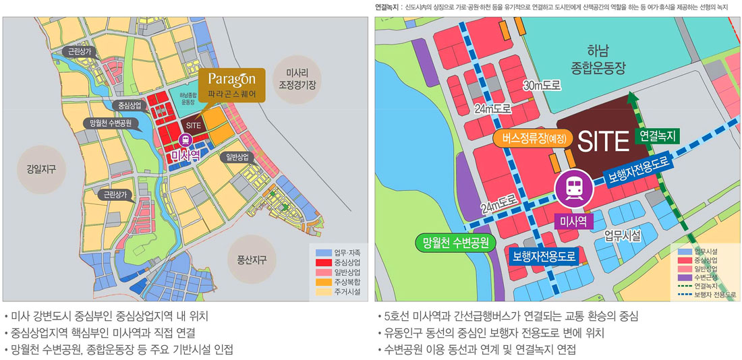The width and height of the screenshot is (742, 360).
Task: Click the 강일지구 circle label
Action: [x=41, y=169]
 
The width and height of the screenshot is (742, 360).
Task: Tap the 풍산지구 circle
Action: [x=252, y=259]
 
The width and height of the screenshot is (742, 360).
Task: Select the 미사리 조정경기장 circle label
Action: [x=297, y=80]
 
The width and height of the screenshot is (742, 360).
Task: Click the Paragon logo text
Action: [x=231, y=79]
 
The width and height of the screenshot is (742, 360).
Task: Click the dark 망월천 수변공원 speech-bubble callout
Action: [x=111, y=123]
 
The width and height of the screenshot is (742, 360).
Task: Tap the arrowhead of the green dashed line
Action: [x=631, y=96]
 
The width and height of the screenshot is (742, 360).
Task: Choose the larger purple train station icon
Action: [x=573, y=189]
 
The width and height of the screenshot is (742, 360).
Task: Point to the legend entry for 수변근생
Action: [x=706, y=277]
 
